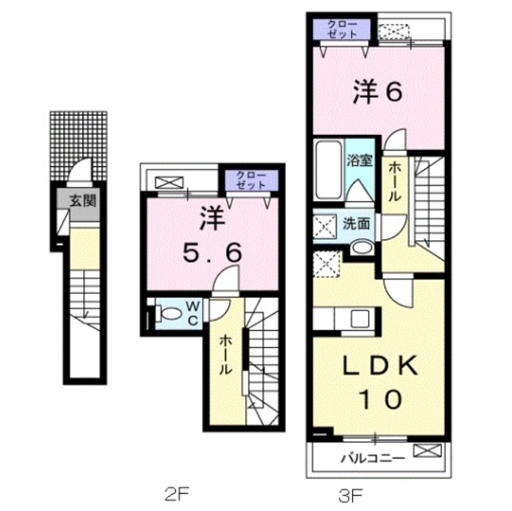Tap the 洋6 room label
(379, 92)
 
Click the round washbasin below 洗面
(361, 248)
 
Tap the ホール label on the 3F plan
(395, 183)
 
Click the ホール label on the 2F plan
(226, 354)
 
